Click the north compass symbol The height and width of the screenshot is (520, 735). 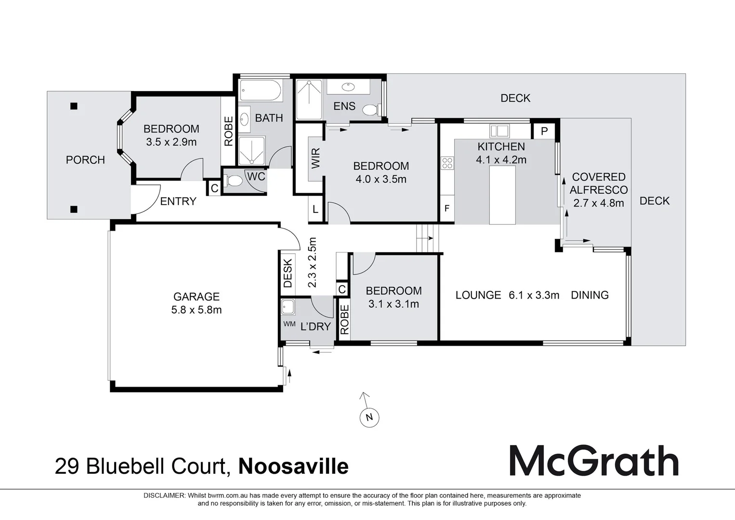(x=369, y=416)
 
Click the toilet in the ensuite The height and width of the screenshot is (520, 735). (x=371, y=110)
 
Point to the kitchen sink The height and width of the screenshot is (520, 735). (x=499, y=130)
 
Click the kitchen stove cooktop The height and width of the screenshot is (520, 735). (x=447, y=163)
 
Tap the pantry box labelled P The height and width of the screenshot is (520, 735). (x=544, y=131)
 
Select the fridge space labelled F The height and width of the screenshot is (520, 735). (x=447, y=208)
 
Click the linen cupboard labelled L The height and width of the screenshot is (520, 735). (x=315, y=209)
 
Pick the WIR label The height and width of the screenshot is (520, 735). (x=315, y=158)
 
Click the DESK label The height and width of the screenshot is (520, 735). (x=288, y=273)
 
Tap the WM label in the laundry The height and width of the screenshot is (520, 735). (x=289, y=324)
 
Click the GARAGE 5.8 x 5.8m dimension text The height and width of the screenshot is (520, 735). (x=197, y=310)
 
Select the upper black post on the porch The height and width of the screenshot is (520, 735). (x=74, y=106)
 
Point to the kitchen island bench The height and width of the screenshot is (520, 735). (x=502, y=195)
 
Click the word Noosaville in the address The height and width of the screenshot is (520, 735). (x=293, y=466)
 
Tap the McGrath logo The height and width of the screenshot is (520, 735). (x=594, y=461)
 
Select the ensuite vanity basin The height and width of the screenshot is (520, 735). (x=348, y=87)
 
